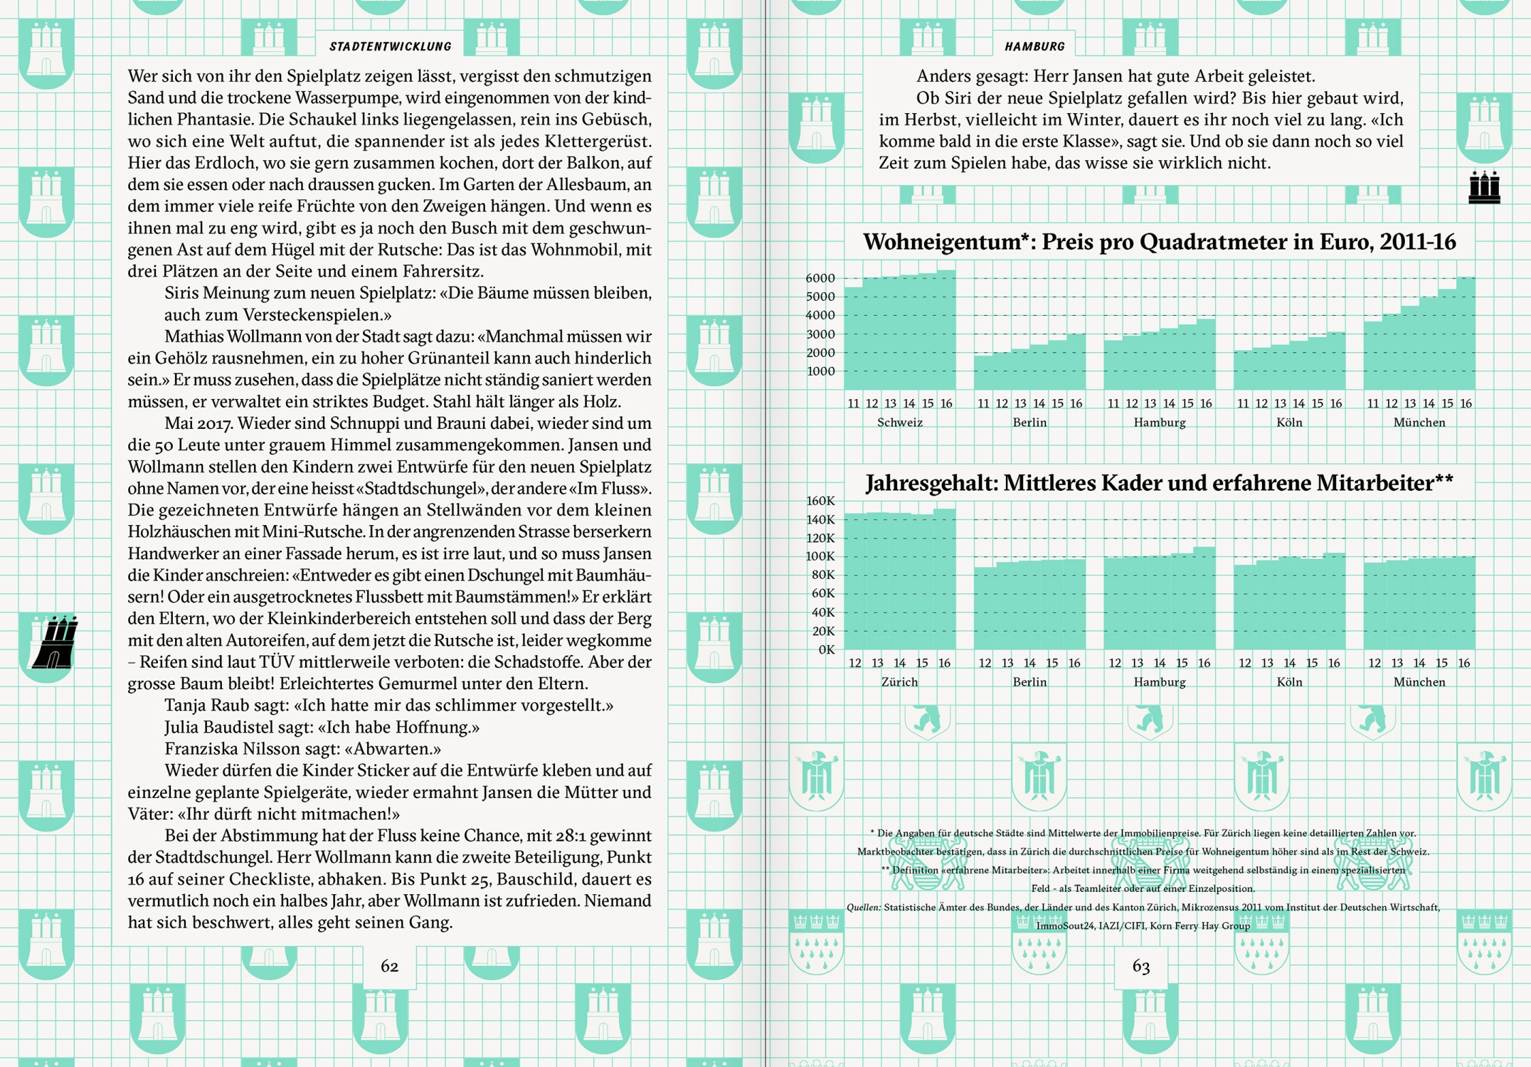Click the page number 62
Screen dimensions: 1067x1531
(x=389, y=966)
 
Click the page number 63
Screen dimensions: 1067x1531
(x=1140, y=966)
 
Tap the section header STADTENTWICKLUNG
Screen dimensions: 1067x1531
(x=390, y=47)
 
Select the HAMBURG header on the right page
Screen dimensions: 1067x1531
(x=1034, y=47)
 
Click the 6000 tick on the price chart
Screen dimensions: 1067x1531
(x=820, y=278)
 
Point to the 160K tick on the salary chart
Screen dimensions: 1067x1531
(x=820, y=501)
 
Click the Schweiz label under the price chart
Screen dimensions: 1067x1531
(x=899, y=423)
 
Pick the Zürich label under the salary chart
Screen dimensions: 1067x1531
(x=899, y=682)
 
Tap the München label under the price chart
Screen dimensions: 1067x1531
(x=1419, y=423)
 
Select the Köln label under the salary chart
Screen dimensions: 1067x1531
(x=1289, y=682)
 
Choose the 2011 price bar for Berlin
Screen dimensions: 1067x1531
(x=983, y=372)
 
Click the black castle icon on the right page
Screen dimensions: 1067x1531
(x=1484, y=188)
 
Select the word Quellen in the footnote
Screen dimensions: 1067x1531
(x=863, y=908)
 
